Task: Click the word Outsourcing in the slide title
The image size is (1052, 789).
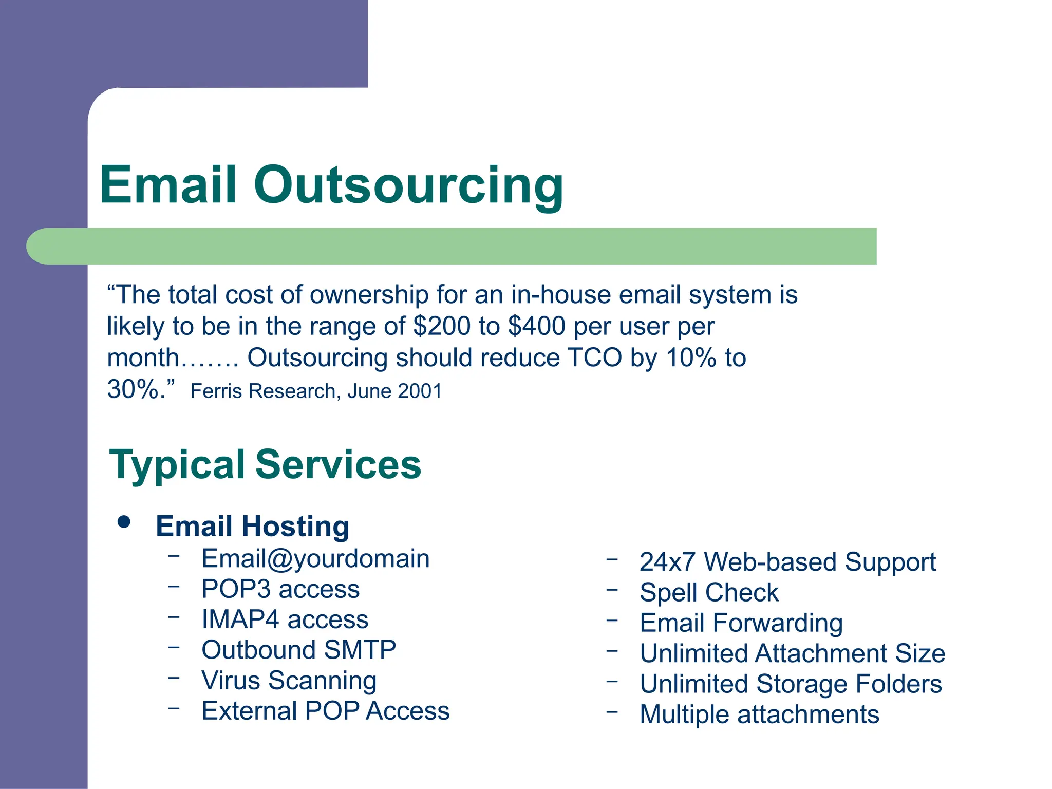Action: click(x=408, y=185)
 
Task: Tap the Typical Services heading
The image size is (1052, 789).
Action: click(x=265, y=464)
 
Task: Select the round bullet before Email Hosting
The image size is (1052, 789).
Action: click(x=124, y=522)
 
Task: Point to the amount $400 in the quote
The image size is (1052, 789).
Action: click(x=536, y=326)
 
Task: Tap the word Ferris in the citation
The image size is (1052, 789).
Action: click(x=215, y=391)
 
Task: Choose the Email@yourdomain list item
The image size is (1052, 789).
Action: click(x=315, y=558)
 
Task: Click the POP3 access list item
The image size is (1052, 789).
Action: click(x=280, y=589)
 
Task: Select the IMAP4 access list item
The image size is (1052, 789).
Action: click(x=285, y=619)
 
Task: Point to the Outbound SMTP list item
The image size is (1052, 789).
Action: click(x=299, y=650)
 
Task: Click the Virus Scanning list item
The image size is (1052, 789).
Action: click(x=289, y=681)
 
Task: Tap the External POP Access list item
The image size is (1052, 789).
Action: click(x=326, y=711)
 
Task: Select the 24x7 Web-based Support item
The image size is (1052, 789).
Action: click(x=787, y=562)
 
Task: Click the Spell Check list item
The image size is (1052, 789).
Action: click(x=709, y=593)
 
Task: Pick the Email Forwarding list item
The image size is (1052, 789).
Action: click(x=741, y=623)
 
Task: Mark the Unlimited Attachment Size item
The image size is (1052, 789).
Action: click(x=792, y=653)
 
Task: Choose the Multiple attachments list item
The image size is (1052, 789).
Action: click(x=759, y=715)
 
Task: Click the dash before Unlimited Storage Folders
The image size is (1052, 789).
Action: click(x=611, y=682)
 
